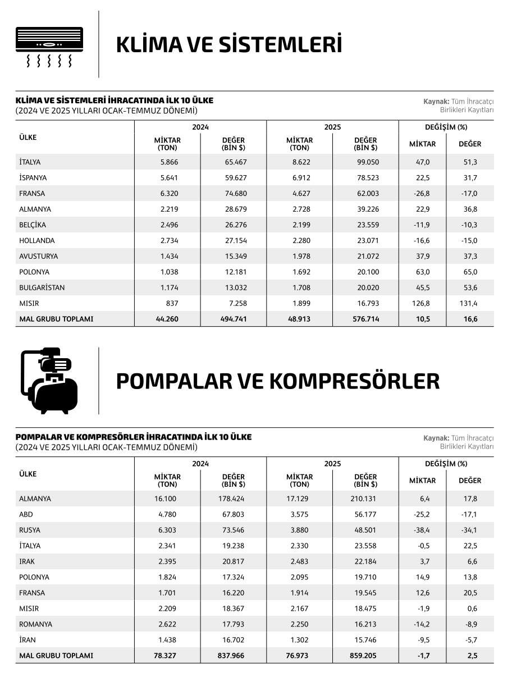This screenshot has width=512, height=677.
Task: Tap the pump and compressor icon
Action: coord(49,381)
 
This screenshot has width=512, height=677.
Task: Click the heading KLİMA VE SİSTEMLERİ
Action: coord(229,45)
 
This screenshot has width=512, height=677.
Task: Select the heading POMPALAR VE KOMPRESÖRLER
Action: coord(277,381)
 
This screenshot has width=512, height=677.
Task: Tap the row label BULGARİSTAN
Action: coord(42,288)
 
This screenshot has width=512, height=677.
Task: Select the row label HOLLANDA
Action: coord(37,241)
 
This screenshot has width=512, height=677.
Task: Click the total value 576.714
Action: coord(365,319)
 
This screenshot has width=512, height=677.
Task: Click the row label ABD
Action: coord(26,514)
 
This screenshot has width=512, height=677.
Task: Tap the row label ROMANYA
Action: coord(36,624)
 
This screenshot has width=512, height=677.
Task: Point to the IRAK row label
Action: coord(27,561)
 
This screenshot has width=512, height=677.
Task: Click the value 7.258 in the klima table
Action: coord(236,304)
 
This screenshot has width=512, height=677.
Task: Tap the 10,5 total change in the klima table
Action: coord(422,319)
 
